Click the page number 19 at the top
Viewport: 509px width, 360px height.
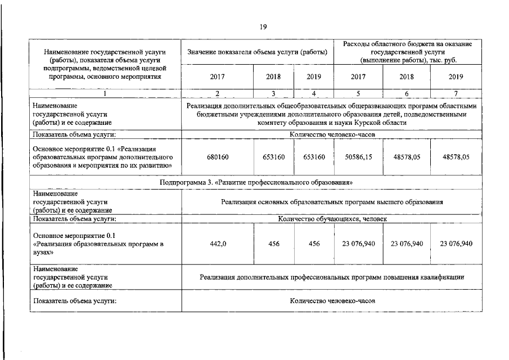point(262,26)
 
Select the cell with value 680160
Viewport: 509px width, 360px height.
point(217,157)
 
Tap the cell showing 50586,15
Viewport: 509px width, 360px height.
point(358,157)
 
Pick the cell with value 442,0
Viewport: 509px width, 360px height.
point(217,244)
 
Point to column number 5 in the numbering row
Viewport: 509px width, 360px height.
point(358,93)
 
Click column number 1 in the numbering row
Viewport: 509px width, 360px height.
point(105,93)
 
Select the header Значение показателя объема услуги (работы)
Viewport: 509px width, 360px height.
point(257,52)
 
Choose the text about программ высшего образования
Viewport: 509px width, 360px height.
point(332,201)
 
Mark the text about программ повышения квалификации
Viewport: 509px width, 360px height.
point(332,277)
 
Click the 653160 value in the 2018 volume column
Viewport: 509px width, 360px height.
point(273,157)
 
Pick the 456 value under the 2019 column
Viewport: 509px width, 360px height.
point(314,244)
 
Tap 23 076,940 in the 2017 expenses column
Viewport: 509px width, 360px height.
point(358,244)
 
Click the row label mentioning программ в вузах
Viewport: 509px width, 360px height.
point(98,244)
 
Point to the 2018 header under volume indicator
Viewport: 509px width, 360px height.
point(273,76)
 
